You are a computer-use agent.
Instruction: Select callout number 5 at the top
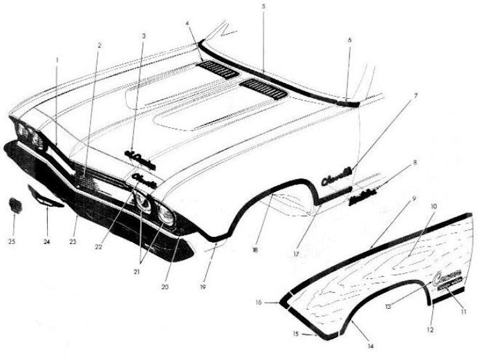[263, 6]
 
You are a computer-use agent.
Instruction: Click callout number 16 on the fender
[277, 301]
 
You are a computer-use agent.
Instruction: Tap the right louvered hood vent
[263, 88]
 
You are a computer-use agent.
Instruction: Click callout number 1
[57, 59]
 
